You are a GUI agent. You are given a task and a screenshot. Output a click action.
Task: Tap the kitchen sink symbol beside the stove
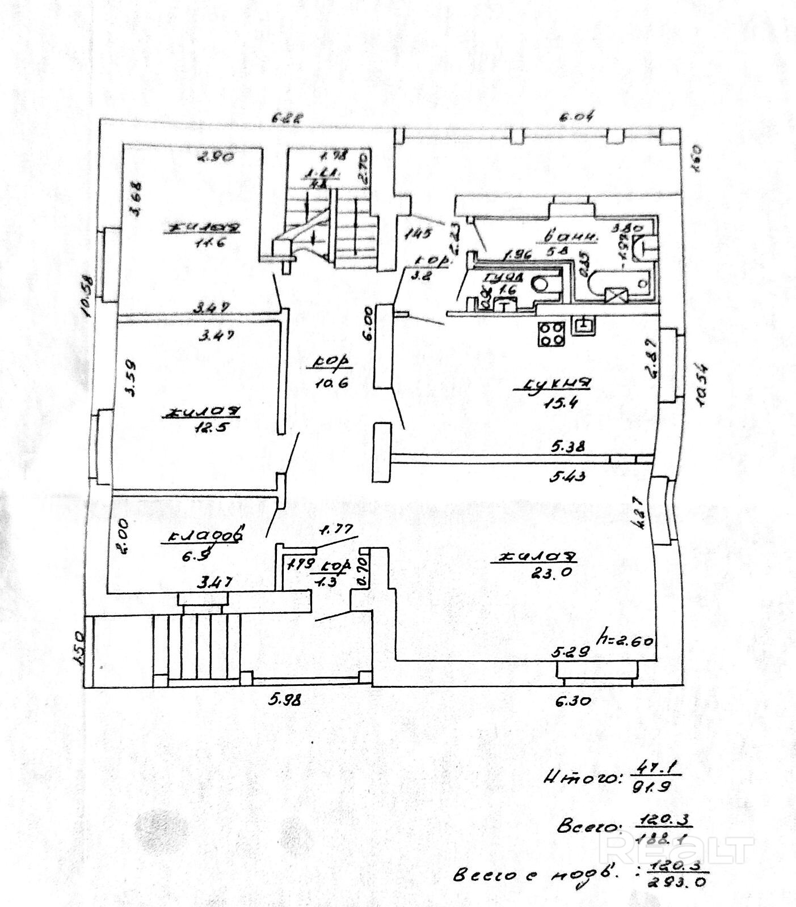point(583,325)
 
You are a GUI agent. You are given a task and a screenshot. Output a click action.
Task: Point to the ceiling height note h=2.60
point(627,642)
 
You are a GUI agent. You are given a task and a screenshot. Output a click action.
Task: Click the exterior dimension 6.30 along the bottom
point(573,701)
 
